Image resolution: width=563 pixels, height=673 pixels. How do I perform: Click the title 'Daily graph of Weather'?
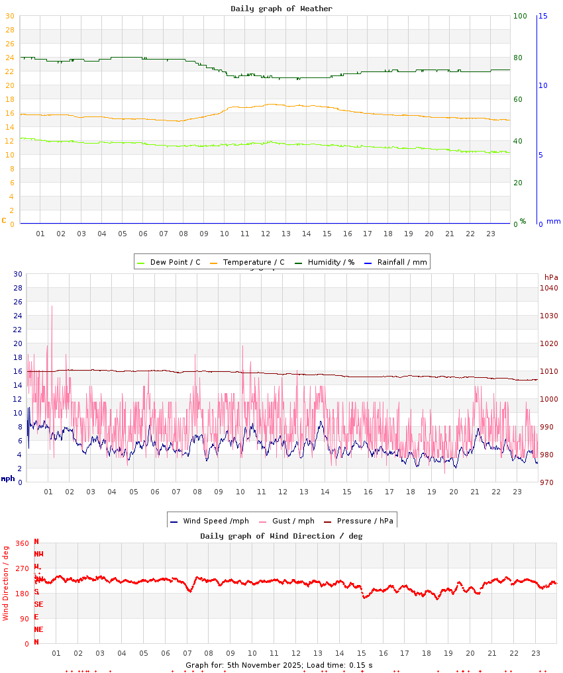281,9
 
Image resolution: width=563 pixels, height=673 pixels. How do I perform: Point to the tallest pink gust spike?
52,307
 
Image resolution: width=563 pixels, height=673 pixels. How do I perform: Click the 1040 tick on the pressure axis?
549,288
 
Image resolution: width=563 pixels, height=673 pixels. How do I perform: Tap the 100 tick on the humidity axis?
520,16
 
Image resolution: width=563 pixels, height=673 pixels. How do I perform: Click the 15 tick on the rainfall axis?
543,16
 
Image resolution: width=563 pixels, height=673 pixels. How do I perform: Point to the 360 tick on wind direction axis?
23,544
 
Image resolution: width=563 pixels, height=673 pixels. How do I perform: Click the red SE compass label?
38,604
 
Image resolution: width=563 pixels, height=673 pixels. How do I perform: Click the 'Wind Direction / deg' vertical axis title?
6,583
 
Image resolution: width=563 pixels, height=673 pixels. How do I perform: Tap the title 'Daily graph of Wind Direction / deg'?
281,536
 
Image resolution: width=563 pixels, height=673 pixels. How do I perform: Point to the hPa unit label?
551,277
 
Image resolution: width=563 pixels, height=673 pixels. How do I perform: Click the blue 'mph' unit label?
8,478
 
